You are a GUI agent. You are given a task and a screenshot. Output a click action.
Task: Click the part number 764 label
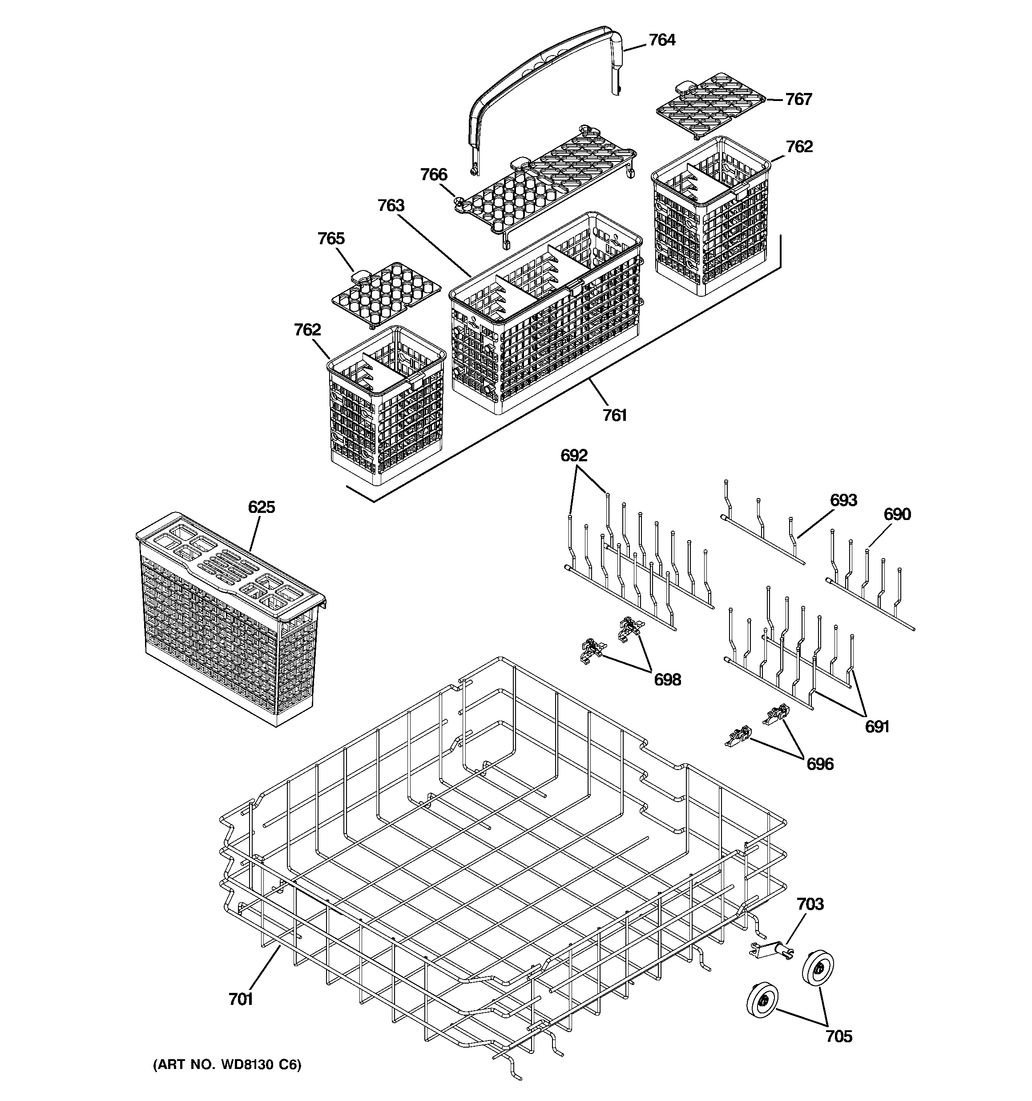(662, 40)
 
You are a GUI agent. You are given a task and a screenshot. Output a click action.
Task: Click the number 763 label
(391, 206)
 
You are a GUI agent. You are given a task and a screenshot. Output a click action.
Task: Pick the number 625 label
(262, 507)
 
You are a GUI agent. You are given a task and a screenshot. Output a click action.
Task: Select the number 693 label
(843, 500)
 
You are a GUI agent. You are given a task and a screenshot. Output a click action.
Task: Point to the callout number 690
(897, 515)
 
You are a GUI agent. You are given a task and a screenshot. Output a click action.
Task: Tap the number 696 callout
(820, 764)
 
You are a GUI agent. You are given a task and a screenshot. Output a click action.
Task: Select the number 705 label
(838, 1036)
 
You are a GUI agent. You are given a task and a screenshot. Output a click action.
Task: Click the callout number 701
(240, 999)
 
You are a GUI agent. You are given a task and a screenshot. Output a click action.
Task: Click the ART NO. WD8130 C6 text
(227, 1065)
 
